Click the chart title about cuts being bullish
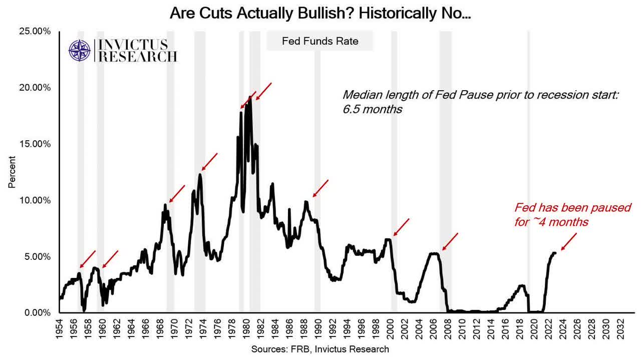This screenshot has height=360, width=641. click(x=320, y=13)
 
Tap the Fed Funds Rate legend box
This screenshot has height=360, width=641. click(x=320, y=41)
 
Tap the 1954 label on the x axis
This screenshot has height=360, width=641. click(x=60, y=328)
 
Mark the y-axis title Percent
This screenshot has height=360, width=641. click(x=12, y=172)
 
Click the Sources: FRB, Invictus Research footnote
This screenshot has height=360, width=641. click(x=320, y=349)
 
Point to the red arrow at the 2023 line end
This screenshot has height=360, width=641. click(x=569, y=242)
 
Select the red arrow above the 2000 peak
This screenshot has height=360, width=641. click(x=402, y=227)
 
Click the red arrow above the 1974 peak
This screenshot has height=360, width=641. click(x=209, y=162)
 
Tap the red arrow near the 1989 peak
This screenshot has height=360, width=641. click(x=320, y=188)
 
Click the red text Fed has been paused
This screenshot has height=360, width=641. click(x=572, y=214)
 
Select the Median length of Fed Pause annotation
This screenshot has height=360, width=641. click(x=481, y=102)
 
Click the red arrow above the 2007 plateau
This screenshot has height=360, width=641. click(x=450, y=242)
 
